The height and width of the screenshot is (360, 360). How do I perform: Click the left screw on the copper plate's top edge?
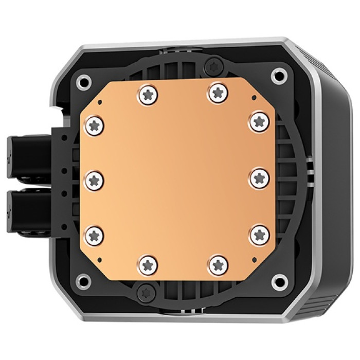tap(148, 94)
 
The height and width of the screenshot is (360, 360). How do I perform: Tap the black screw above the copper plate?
tap(212, 65)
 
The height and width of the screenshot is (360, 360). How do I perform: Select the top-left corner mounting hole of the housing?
tap(83, 80)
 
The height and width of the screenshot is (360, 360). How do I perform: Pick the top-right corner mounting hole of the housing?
tap(279, 75)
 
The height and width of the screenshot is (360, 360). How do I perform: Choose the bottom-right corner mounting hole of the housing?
tap(279, 281)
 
